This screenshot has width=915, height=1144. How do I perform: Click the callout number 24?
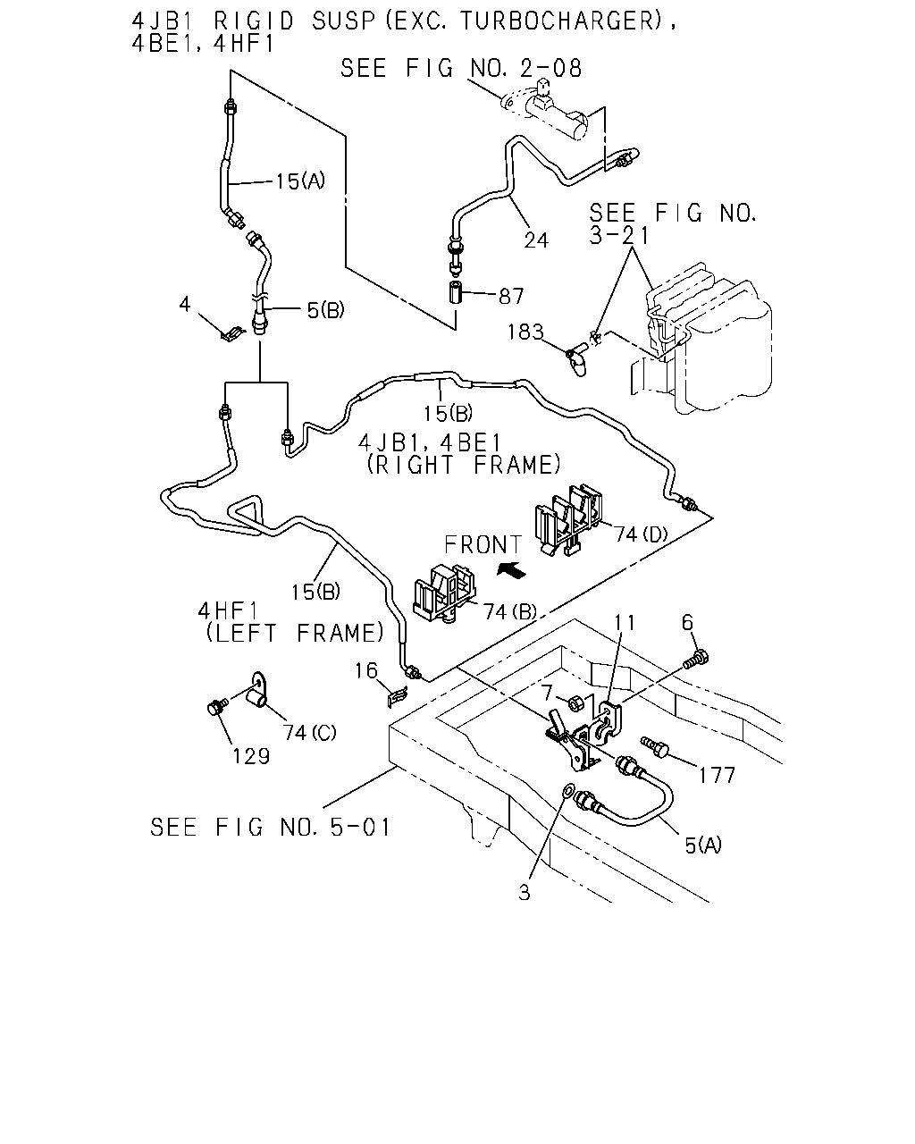[x=535, y=240]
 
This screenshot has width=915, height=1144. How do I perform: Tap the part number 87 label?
[x=511, y=297]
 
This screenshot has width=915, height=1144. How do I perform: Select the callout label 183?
[x=525, y=332]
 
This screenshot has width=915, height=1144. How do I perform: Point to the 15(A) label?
[x=300, y=181]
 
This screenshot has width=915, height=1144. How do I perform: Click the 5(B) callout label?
[x=325, y=310]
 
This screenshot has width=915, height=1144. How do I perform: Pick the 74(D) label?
[x=641, y=534]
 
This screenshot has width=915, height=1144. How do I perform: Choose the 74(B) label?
[x=510, y=612]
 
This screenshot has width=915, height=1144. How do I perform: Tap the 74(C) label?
[x=309, y=733]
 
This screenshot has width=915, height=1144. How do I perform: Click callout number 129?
[x=251, y=756]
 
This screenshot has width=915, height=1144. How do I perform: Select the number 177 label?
[x=716, y=775]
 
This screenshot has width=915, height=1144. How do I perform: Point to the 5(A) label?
[x=703, y=845]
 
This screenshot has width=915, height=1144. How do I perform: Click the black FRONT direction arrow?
[x=511, y=570]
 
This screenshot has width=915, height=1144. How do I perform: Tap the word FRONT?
[x=483, y=545]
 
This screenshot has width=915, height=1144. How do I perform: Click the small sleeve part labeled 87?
[x=456, y=293]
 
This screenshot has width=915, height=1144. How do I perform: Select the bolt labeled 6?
[x=696, y=659]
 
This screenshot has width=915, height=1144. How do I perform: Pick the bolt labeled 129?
[x=216, y=706]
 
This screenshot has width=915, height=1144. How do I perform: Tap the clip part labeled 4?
[x=232, y=334]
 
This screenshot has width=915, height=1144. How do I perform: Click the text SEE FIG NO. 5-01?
[x=270, y=828]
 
